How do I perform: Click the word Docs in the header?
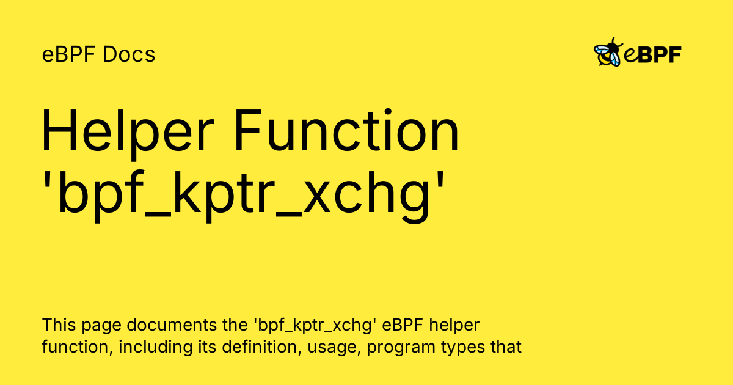129,54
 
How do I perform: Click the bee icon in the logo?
608,52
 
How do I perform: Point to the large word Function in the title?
346,130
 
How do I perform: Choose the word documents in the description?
172,324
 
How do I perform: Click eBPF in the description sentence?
403,324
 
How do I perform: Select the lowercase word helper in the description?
454,326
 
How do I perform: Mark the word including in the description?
155,348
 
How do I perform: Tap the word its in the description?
207,347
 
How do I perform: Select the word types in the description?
463,348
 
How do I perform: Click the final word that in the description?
506,347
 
